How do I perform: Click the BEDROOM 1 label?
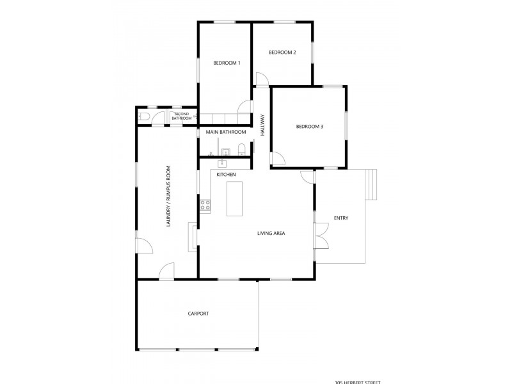click(227, 63)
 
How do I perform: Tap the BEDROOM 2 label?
click(282, 52)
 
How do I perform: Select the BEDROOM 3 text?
click(309, 127)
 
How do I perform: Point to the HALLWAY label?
click(262, 125)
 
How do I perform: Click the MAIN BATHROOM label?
click(226, 132)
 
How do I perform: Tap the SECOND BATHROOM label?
click(182, 116)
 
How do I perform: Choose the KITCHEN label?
click(227, 175)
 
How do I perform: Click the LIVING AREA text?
click(271, 234)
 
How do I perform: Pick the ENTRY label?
click(340, 219)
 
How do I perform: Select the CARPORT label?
click(198, 314)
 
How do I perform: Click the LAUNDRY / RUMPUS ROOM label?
click(169, 196)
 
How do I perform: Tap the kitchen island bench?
click(235, 198)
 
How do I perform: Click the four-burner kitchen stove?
click(205, 205)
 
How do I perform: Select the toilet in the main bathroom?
click(241, 150)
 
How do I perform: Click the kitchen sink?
click(224, 163)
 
